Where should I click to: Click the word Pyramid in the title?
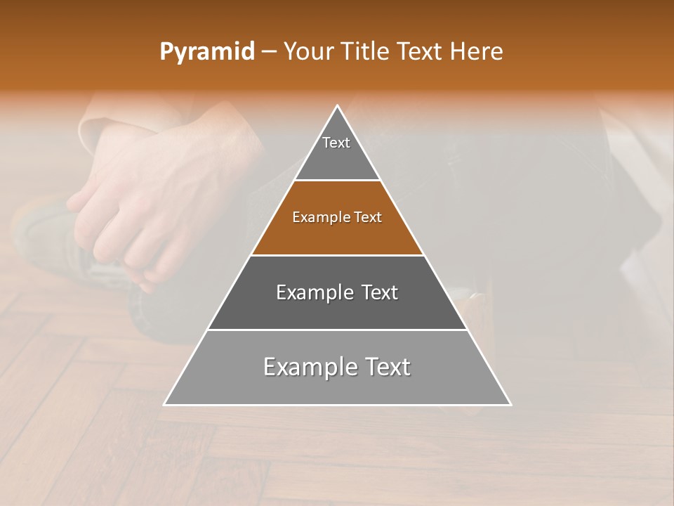(206, 52)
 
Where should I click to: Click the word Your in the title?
(309, 52)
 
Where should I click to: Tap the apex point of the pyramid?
(338, 106)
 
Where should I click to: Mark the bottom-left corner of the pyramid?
(165, 404)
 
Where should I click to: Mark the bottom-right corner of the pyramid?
(510, 404)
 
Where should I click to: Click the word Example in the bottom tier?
(303, 367)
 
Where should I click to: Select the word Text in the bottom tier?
(389, 367)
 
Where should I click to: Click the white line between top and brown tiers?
(337, 181)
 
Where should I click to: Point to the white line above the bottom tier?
(337, 330)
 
